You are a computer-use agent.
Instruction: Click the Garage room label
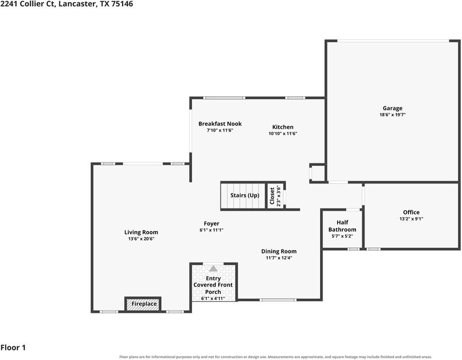point(393,108)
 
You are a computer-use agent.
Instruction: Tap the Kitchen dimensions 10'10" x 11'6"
point(283,133)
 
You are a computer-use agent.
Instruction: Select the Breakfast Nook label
point(220,124)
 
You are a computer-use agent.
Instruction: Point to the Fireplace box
point(143,304)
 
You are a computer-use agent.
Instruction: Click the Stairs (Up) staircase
point(243,196)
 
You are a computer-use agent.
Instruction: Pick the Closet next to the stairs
point(276,196)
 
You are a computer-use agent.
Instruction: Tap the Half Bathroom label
point(342,226)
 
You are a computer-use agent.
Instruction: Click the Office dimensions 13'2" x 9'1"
point(411,219)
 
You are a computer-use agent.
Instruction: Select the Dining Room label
point(279,251)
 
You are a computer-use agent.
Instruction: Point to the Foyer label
point(211,224)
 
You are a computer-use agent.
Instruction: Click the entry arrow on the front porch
point(213,268)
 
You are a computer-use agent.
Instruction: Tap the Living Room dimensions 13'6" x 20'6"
point(141,239)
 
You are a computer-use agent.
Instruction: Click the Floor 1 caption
point(13,347)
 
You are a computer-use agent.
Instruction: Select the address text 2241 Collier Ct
point(27,4)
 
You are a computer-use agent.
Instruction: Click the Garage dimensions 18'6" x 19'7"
point(393,115)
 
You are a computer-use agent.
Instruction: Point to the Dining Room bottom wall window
point(278,300)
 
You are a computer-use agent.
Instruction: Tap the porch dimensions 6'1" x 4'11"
point(213,298)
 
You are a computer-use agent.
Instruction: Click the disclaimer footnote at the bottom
point(276,357)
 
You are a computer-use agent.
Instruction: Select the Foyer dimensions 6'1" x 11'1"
point(211,230)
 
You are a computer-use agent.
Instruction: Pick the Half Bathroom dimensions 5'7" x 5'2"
point(342,236)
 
